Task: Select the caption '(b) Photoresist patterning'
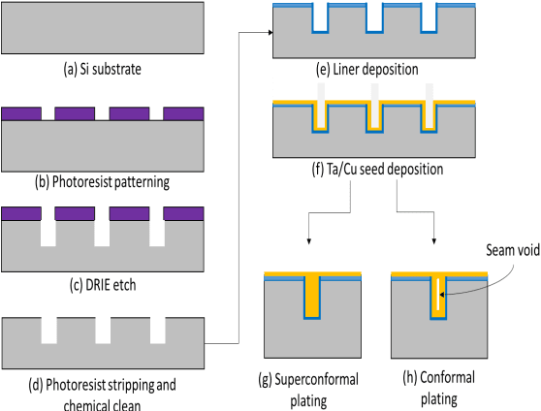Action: tap(103, 180)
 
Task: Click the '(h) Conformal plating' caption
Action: tap(431, 385)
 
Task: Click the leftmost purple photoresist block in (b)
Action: tap(20, 113)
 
